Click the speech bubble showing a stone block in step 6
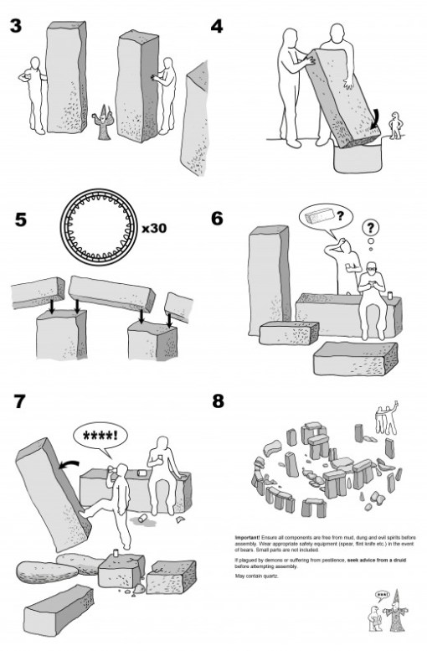[323, 220]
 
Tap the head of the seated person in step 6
[372, 270]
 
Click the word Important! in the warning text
[249, 534]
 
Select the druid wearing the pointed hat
[390, 617]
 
